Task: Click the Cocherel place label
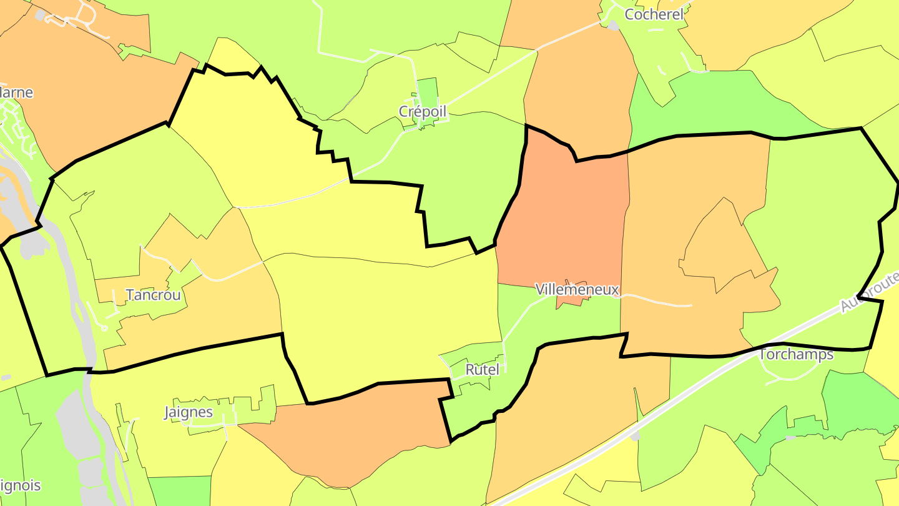654,14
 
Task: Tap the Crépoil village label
423,111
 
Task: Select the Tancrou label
153,295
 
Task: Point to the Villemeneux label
577,289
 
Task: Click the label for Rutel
483,369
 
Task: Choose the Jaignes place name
188,412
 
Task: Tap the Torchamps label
796,355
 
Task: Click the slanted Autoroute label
868,292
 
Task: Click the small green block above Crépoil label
427,91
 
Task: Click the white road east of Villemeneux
656,300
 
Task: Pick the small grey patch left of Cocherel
613,26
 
